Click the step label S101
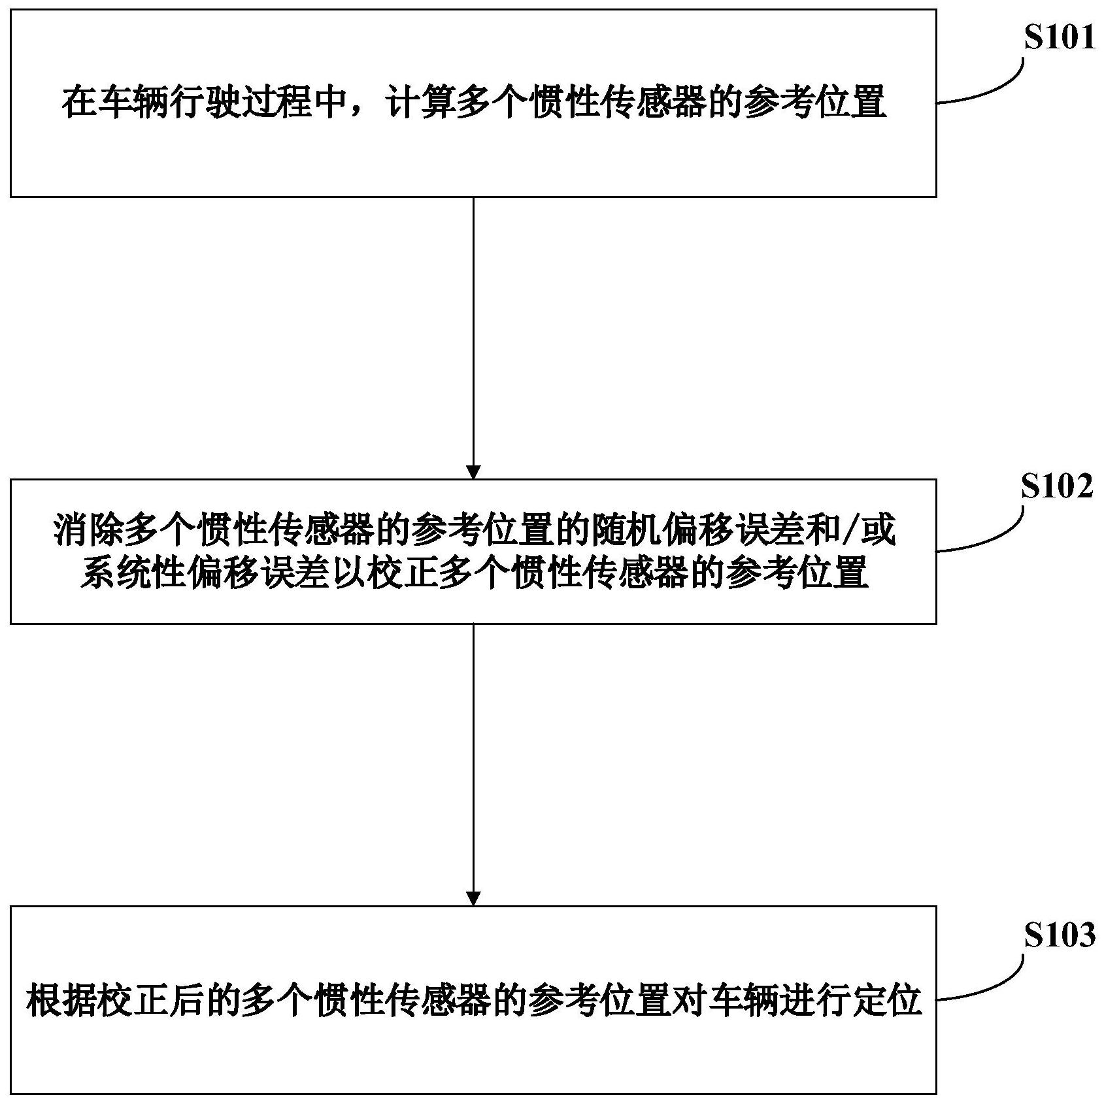click(1058, 39)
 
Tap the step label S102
click(1057, 487)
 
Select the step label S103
click(1058, 936)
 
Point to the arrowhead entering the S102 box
click(473, 472)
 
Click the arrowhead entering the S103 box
click(473, 898)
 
